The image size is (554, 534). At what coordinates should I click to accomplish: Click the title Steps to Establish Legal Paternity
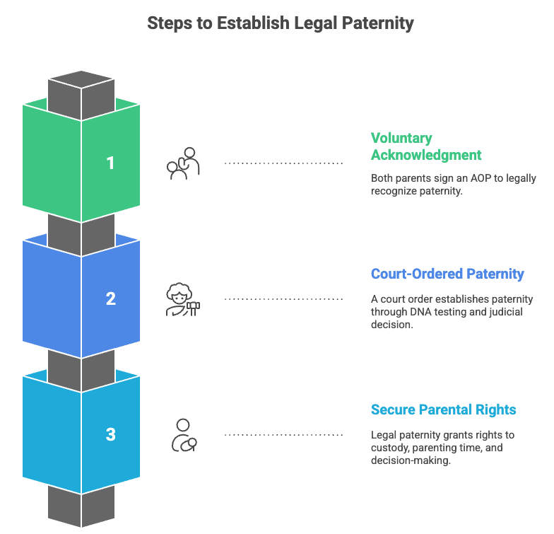(280, 23)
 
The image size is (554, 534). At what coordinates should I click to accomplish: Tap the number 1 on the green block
(110, 163)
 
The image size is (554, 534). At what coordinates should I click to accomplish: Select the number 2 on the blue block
(110, 298)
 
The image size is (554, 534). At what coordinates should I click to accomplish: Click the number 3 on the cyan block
(110, 434)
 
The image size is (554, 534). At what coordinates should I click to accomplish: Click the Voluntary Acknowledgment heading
(425, 146)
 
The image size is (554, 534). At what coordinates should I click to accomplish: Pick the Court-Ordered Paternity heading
(447, 274)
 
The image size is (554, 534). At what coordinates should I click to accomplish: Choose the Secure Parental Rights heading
(443, 410)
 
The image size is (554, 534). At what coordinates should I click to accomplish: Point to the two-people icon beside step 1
(184, 163)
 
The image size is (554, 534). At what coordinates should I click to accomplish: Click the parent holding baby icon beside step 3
(184, 435)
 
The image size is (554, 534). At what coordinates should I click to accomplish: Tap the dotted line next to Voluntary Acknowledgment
(283, 163)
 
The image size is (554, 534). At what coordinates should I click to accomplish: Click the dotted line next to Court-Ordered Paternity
(283, 298)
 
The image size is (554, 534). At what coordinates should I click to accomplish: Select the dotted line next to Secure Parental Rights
(283, 434)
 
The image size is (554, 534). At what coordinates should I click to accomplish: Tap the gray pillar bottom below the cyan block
(81, 506)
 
